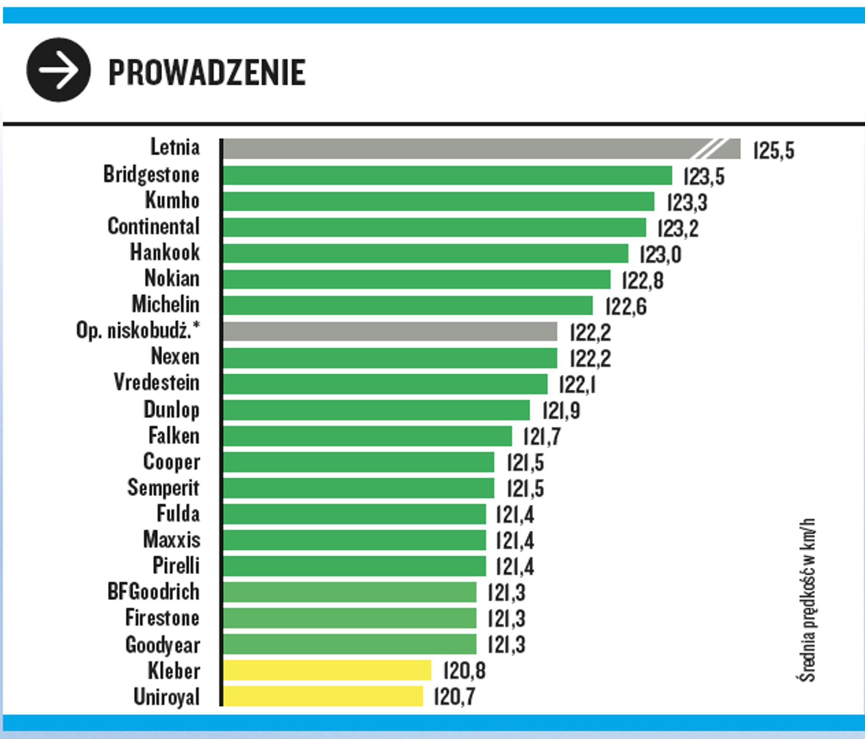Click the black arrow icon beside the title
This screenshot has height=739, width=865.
pos(58,70)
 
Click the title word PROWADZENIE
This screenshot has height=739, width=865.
pos(207,73)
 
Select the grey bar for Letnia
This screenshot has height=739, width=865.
pos(481,149)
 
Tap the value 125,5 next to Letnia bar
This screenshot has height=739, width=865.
pos(774,151)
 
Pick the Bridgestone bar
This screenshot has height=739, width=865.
pos(447,176)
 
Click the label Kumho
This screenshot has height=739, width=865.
pos(172,200)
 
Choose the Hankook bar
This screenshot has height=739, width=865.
pos(425,254)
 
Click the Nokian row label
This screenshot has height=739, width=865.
pos(172,279)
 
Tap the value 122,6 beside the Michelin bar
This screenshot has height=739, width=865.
pos(626,307)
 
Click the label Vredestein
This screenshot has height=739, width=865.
pos(156,383)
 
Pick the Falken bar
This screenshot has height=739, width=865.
pos(367,436)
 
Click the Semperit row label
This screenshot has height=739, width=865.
pos(163,488)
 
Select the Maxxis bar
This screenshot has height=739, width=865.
pos(354,540)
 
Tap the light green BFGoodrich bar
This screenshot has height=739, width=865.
pos(349,592)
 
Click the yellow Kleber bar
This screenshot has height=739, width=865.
pos(327,670)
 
